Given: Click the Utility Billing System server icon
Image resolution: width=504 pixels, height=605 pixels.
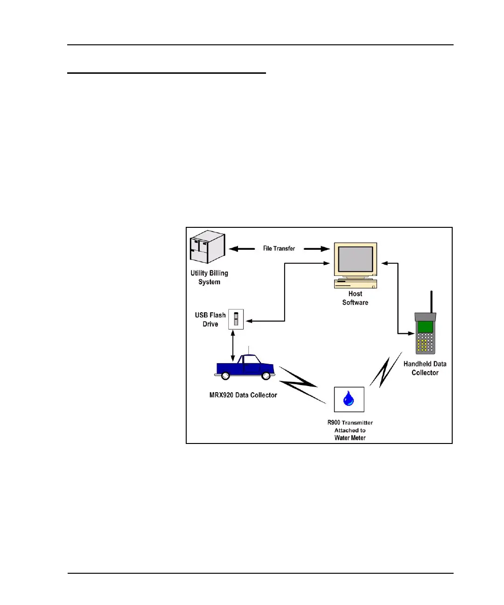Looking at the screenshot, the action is (x=208, y=247).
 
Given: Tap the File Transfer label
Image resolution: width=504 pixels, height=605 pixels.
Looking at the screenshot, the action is (x=279, y=248).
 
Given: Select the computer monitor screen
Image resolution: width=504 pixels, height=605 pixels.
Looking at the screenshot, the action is (x=356, y=259).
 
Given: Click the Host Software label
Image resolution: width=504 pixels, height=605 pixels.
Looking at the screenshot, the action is (x=355, y=298).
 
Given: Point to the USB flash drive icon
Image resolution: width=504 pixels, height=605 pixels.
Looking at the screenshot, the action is (x=236, y=319).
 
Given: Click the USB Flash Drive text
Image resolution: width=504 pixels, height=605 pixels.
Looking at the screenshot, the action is (x=210, y=319).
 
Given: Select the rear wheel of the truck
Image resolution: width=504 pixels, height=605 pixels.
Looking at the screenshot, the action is (x=225, y=375).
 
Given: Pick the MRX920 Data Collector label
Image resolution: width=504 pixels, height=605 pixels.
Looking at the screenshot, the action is (x=243, y=395).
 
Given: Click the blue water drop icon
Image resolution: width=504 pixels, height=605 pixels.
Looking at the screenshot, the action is (x=349, y=399).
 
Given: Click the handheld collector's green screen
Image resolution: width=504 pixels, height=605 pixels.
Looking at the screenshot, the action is (x=425, y=326).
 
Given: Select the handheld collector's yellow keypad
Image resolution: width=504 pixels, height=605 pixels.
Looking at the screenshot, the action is (x=425, y=343).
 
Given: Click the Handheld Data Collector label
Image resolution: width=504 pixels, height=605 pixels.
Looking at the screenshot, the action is (x=425, y=368).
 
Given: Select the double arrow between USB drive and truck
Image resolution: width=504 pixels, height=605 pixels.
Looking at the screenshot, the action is (x=233, y=346).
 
